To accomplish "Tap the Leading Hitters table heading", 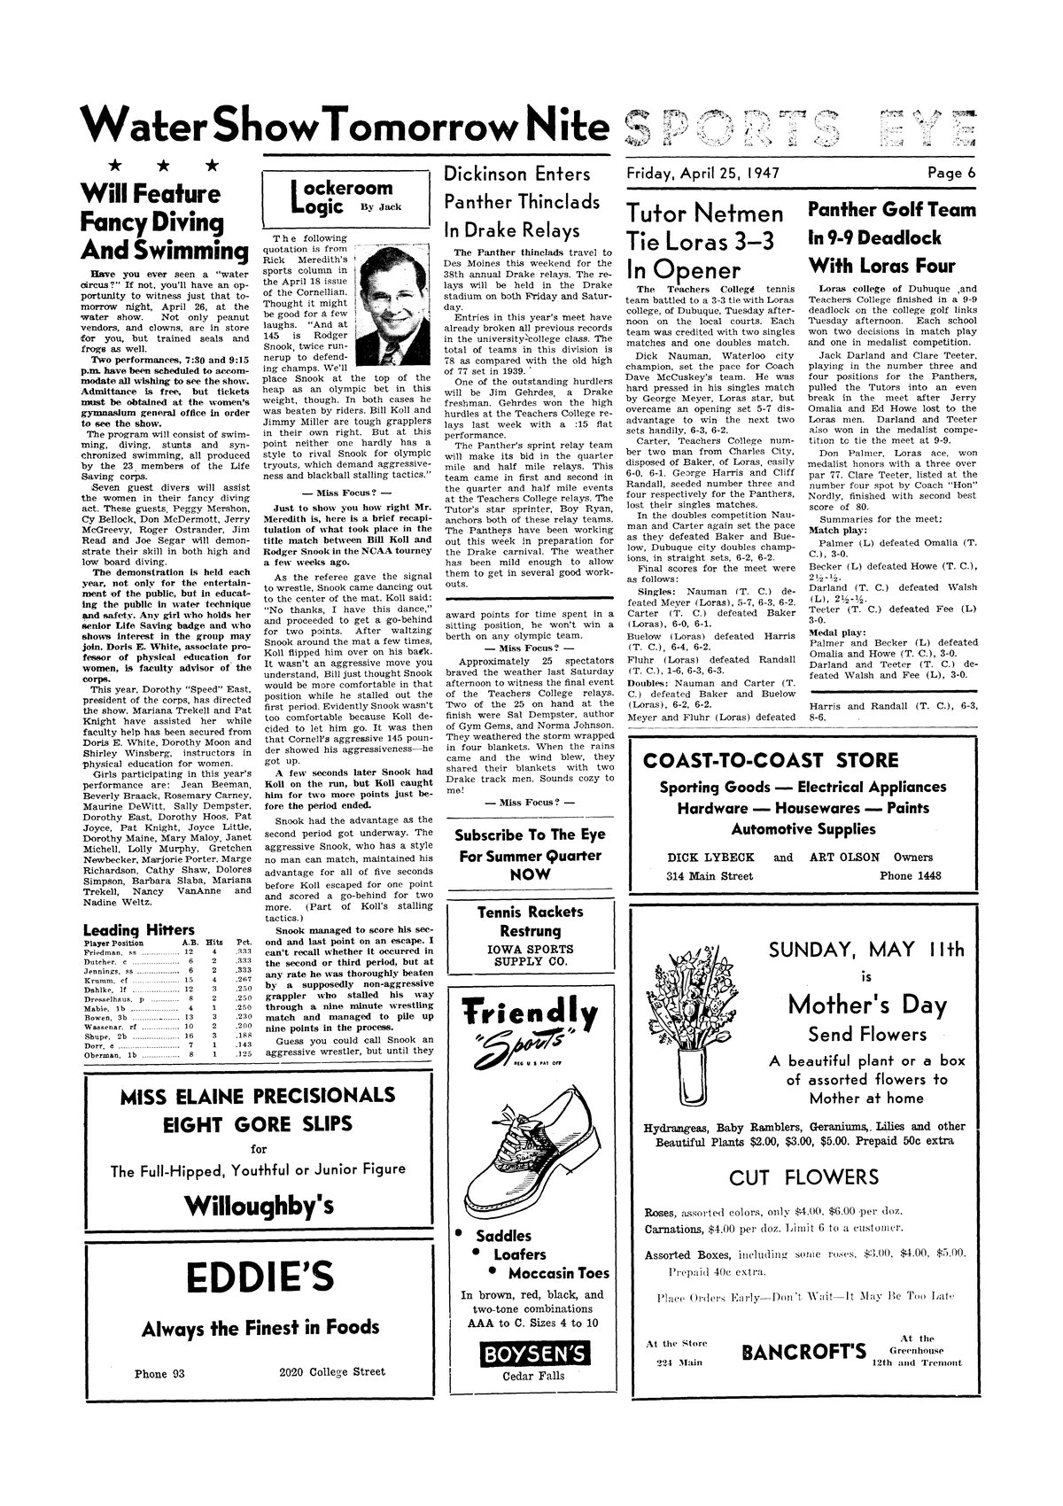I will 138,929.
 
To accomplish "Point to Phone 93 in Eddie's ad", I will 159,1373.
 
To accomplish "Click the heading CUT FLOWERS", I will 803,1177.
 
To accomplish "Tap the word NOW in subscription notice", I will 530,873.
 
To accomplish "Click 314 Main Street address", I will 710,876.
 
